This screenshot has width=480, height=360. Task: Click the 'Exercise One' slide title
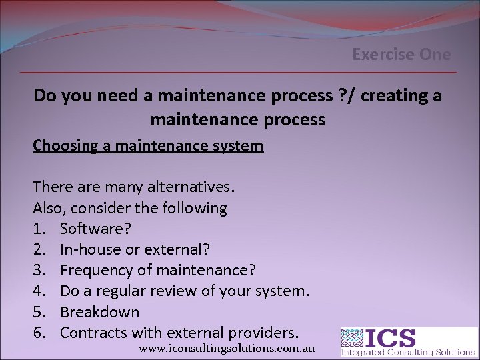pos(401,55)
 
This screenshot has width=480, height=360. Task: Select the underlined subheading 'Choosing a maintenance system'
pos(148,145)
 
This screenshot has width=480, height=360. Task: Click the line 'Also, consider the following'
pos(130,208)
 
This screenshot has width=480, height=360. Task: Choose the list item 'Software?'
pos(95,229)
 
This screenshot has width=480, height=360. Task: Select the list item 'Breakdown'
pos(99,311)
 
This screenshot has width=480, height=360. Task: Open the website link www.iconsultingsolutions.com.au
pos(226,349)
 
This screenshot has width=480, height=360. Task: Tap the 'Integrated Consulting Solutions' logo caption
pos(407,352)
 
